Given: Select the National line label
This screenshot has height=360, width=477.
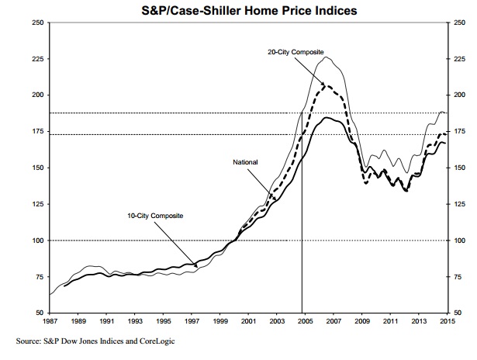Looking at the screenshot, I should [x=245, y=161].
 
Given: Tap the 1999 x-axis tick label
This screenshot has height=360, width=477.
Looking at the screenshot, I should [x=220, y=320].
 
